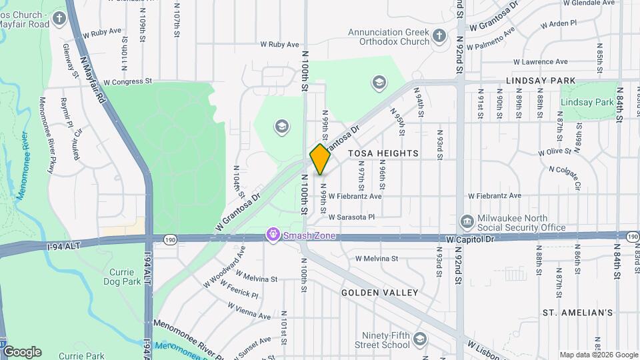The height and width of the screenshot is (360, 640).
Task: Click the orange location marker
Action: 320,159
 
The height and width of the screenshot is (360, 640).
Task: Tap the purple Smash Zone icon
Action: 272,235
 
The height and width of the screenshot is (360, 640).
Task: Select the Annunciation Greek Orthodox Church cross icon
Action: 439,35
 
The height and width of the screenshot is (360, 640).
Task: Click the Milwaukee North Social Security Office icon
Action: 467,221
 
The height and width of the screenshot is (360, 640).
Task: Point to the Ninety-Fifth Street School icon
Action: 419,340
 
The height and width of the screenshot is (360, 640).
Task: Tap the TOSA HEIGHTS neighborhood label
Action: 383,153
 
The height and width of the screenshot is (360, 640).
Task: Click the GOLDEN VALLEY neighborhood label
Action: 379,293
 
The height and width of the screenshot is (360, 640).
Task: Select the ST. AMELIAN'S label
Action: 577,312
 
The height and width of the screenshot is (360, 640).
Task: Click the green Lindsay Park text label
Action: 587,103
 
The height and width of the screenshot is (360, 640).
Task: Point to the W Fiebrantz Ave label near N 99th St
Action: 358,197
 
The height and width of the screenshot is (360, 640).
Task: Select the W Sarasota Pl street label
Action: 351,217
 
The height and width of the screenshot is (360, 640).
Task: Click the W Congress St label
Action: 127,82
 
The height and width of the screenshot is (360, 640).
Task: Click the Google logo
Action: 22,352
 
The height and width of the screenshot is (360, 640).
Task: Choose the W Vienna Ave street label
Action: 248,311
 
